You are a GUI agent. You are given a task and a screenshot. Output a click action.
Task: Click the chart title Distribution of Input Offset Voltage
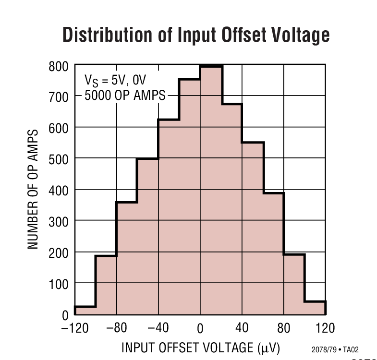tap(196, 36)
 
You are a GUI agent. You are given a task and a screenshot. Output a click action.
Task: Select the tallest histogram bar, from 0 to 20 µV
tap(210, 192)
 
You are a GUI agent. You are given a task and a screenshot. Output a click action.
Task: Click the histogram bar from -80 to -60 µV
tap(127, 259)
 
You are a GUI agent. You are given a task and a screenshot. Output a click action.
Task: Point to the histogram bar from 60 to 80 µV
tap(273, 254)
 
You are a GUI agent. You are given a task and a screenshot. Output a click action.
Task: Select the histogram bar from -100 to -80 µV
tap(106, 286)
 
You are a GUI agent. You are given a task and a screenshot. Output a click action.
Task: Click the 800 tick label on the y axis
tap(59, 66)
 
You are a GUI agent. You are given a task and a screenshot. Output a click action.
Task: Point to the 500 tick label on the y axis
tap(59, 159)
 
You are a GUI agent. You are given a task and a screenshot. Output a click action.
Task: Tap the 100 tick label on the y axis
tap(59, 284)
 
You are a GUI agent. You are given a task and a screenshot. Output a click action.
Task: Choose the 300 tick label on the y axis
tap(59, 221)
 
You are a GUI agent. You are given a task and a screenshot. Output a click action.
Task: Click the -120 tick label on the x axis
tap(74, 328)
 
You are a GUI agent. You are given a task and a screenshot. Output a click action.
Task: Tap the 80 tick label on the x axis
tap(284, 328)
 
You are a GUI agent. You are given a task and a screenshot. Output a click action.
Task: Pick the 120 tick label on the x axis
tap(325, 328)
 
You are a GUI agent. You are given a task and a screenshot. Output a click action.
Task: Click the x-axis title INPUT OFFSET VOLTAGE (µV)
tap(200, 347)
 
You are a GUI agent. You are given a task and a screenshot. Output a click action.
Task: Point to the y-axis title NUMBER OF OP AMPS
tap(33, 189)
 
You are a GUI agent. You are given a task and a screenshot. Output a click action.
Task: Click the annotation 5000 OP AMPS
tap(124, 96)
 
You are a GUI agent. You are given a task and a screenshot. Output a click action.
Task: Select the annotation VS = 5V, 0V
tap(115, 80)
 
